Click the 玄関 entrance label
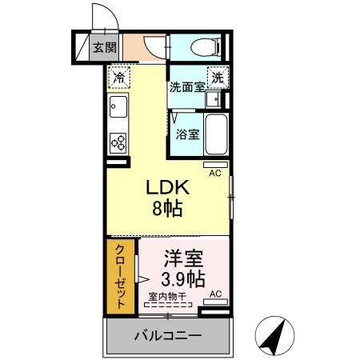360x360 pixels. (x=102, y=46)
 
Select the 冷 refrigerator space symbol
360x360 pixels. (x=118, y=78)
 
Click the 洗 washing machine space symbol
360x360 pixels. (x=217, y=78)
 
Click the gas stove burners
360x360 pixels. (x=118, y=142)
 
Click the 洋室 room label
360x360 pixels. (x=183, y=258)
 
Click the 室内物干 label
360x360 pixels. (x=166, y=296)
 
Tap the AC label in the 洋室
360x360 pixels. (x=215, y=295)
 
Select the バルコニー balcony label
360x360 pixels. (x=167, y=334)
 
